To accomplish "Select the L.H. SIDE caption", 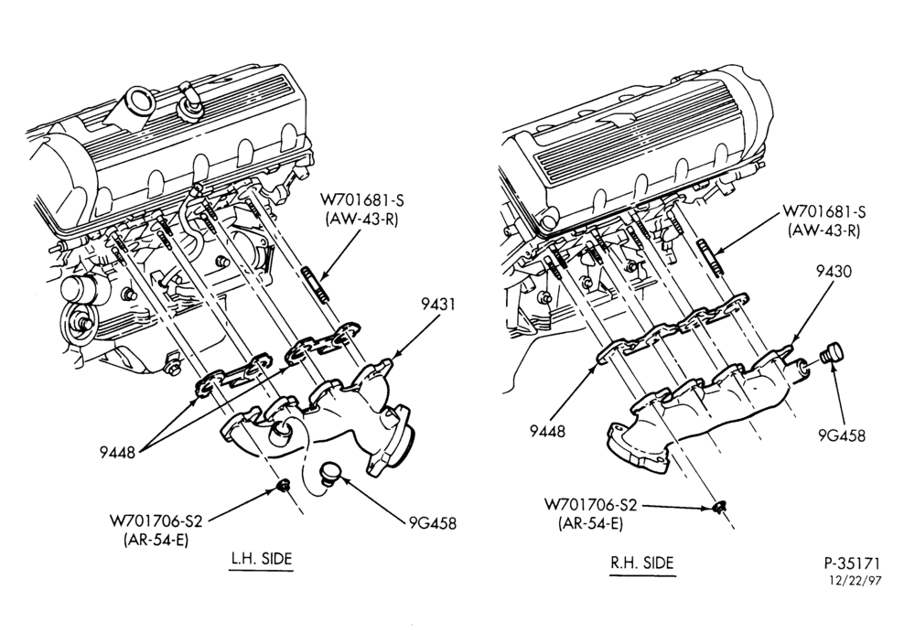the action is [x=260, y=558].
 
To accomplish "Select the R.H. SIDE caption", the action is [x=642, y=563].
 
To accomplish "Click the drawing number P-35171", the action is [x=851, y=564].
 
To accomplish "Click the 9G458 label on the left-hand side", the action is [x=433, y=522].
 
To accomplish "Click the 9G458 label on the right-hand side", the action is [x=842, y=435].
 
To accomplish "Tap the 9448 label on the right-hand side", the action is [x=548, y=431].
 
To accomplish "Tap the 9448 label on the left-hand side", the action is [x=117, y=452].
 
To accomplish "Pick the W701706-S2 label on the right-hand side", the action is [x=590, y=505].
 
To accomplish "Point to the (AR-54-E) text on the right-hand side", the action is [x=590, y=523].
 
